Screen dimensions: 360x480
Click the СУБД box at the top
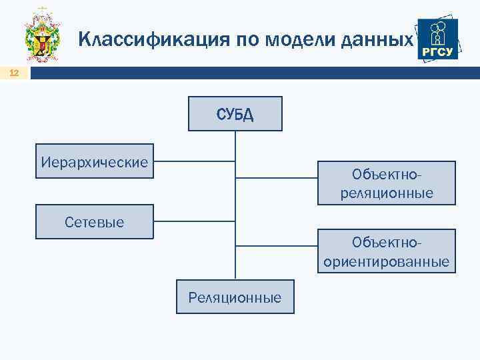(235, 113)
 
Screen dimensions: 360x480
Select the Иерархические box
(95, 161)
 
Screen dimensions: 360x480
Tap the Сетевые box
(95, 221)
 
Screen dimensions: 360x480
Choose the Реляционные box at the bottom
(235, 297)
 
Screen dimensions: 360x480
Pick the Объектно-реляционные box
(387, 183)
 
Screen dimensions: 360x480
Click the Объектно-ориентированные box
(387, 251)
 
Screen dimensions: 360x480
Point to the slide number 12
(15, 73)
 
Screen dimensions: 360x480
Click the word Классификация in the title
(153, 40)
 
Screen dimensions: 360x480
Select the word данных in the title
(377, 40)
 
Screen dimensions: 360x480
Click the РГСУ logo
(437, 39)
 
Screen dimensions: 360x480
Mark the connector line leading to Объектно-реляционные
(277, 178)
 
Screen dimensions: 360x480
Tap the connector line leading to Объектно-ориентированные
(277, 245)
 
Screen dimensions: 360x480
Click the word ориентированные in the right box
(387, 261)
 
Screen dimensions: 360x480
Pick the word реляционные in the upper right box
(387, 193)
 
